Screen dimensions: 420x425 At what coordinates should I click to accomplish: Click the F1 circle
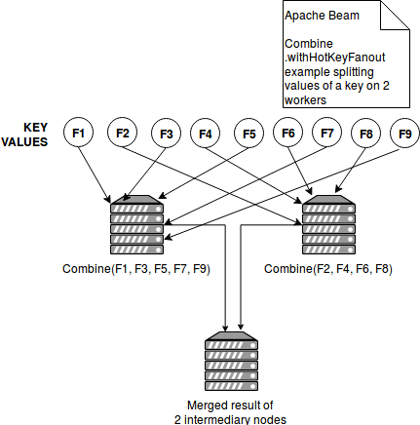78,133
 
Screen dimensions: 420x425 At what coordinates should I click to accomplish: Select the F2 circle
123,133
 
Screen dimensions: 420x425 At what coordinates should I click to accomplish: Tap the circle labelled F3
167,134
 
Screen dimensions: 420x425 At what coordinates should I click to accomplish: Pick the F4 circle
205,134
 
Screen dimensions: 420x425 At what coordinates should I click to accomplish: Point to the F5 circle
249,134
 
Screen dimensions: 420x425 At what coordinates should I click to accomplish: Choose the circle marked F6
288,133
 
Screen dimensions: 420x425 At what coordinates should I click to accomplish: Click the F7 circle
327,133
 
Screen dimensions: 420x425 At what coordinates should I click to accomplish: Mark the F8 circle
366,134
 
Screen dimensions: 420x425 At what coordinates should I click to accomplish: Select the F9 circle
404,134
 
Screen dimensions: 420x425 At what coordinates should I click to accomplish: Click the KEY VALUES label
25,135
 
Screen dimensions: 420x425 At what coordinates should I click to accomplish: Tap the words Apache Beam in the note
322,16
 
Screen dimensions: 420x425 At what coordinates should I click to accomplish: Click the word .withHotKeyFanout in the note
335,58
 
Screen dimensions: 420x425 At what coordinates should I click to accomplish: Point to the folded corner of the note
395,15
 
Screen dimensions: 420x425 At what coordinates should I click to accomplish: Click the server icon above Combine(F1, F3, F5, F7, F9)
136,224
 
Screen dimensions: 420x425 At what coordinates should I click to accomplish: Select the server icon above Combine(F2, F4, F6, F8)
328,224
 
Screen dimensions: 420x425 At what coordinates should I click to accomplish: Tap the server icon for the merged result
231,361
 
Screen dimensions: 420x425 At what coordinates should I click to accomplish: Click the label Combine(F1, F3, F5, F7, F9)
136,269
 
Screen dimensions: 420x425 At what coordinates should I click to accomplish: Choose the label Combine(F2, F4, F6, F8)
328,269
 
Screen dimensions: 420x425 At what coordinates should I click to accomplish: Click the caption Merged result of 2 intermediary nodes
230,412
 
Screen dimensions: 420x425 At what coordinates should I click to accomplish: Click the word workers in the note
305,100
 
